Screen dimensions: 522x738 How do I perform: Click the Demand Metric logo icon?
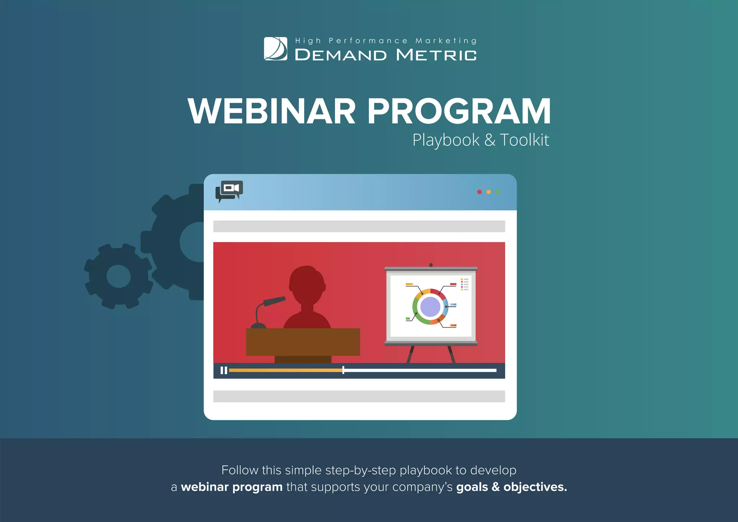pos(276,49)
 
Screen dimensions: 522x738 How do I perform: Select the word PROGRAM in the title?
pos(459,111)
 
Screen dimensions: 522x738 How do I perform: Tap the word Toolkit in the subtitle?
pos(524,140)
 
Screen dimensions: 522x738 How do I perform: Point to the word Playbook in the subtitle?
pos(446,140)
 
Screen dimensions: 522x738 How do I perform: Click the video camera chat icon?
pos(229,191)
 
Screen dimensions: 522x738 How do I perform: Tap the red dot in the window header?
pos(479,192)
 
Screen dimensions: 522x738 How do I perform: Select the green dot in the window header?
pos(497,192)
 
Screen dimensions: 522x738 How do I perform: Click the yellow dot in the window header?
pos(488,192)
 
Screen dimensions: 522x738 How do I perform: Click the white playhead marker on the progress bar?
pos(343,370)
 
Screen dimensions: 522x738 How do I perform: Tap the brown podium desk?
pos(303,342)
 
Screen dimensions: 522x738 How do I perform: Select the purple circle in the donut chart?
pos(430,307)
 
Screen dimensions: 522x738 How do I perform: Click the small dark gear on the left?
pos(119,276)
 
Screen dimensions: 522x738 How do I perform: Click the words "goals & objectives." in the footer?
pos(511,487)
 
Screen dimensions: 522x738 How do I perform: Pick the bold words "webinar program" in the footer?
pos(232,487)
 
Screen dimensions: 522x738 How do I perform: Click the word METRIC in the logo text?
pos(436,55)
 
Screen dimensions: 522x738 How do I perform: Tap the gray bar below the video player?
pos(359,396)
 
